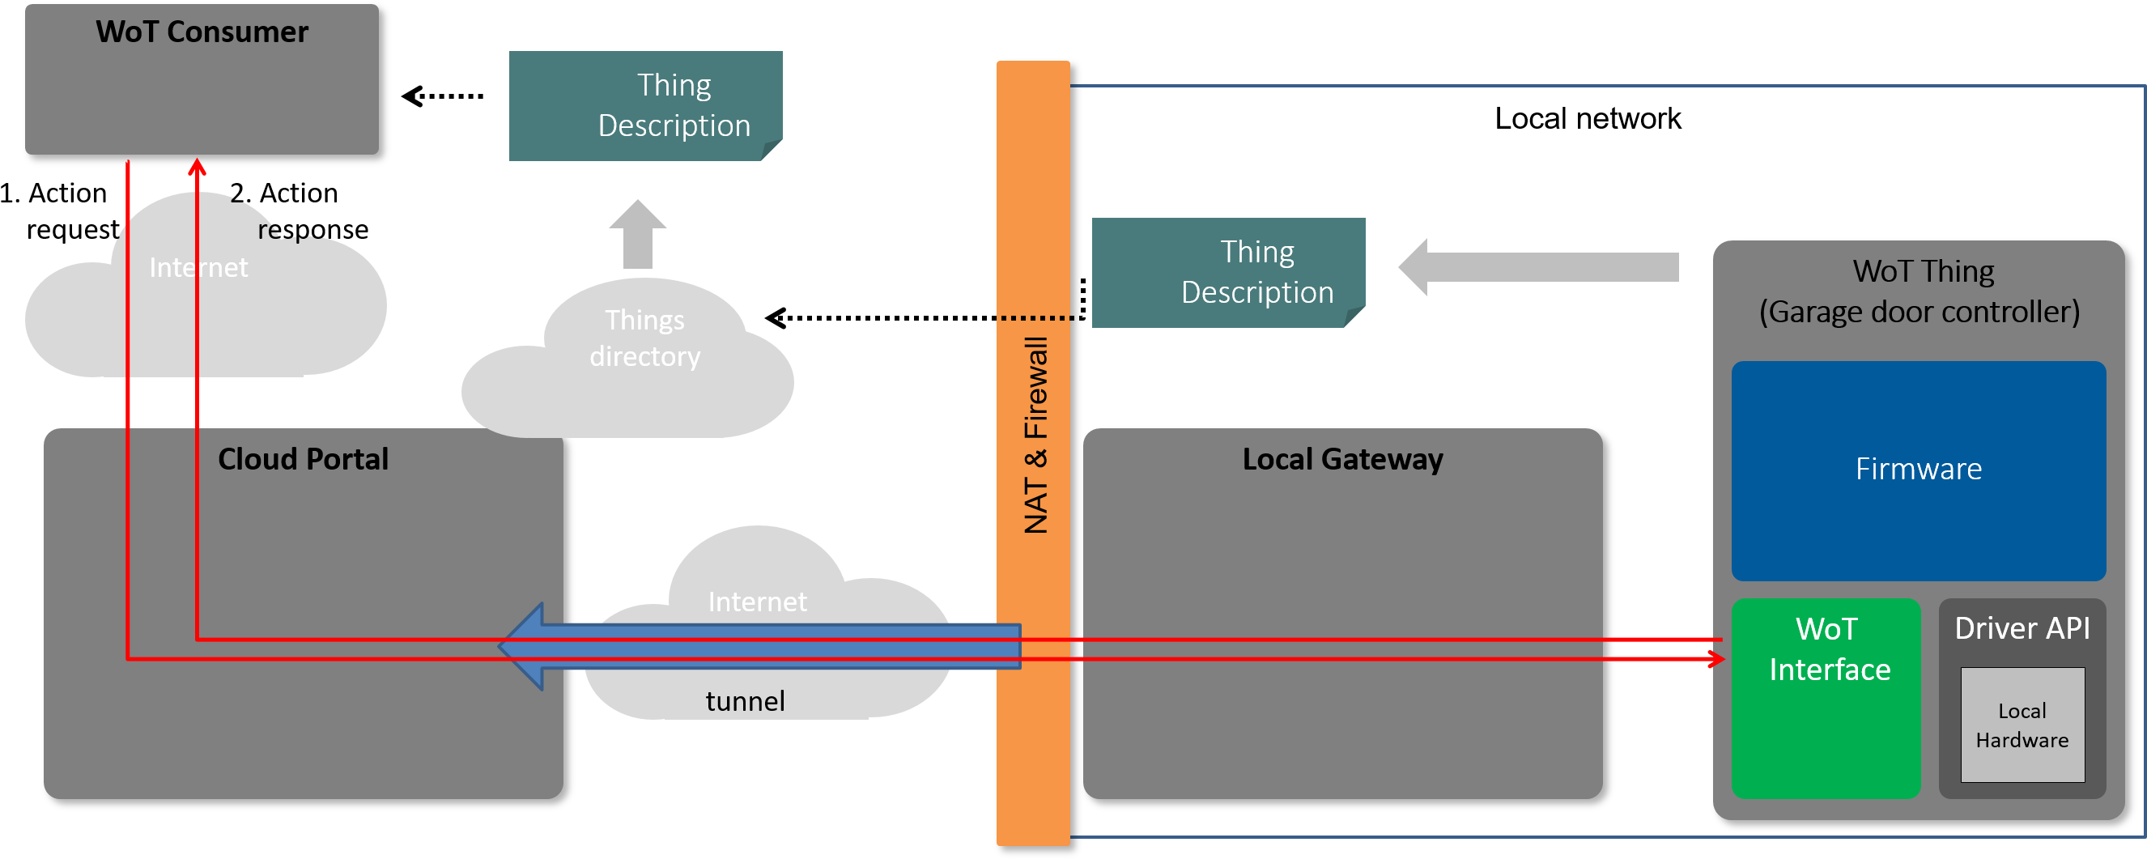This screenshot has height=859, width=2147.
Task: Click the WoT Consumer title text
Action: pyautogui.click(x=202, y=32)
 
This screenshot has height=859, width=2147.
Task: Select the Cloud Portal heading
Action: pyautogui.click(x=304, y=459)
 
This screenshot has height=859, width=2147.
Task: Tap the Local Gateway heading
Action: pyautogui.click(x=1343, y=459)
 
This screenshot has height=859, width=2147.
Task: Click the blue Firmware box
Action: pyautogui.click(x=1919, y=470)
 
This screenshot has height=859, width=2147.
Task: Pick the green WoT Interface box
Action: pyautogui.click(x=1826, y=698)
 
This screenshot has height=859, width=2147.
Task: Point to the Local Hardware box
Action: pyautogui.click(x=2022, y=725)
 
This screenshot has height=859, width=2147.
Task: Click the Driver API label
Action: pyautogui.click(x=2022, y=628)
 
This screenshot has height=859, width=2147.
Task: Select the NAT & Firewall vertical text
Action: pyautogui.click(x=1035, y=435)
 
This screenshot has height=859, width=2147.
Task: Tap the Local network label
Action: pyautogui.click(x=1588, y=118)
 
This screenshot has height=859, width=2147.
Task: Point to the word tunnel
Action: pyautogui.click(x=745, y=702)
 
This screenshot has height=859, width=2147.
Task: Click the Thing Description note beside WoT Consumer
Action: pyautogui.click(x=646, y=106)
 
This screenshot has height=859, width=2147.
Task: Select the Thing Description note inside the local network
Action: pyautogui.click(x=1228, y=273)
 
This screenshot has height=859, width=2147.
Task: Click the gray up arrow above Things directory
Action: pyautogui.click(x=638, y=234)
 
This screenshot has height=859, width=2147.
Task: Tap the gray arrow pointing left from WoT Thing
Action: pyautogui.click(x=1538, y=267)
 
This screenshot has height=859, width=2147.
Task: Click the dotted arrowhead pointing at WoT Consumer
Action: pyautogui.click(x=412, y=96)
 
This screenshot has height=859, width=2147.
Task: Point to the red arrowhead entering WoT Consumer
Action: pyautogui.click(x=197, y=167)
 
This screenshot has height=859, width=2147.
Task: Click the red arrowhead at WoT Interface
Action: pyautogui.click(x=1717, y=660)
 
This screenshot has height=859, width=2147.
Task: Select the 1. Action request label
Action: pyautogui.click(x=60, y=210)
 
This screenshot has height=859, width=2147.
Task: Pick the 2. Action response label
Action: pyautogui.click(x=300, y=210)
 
